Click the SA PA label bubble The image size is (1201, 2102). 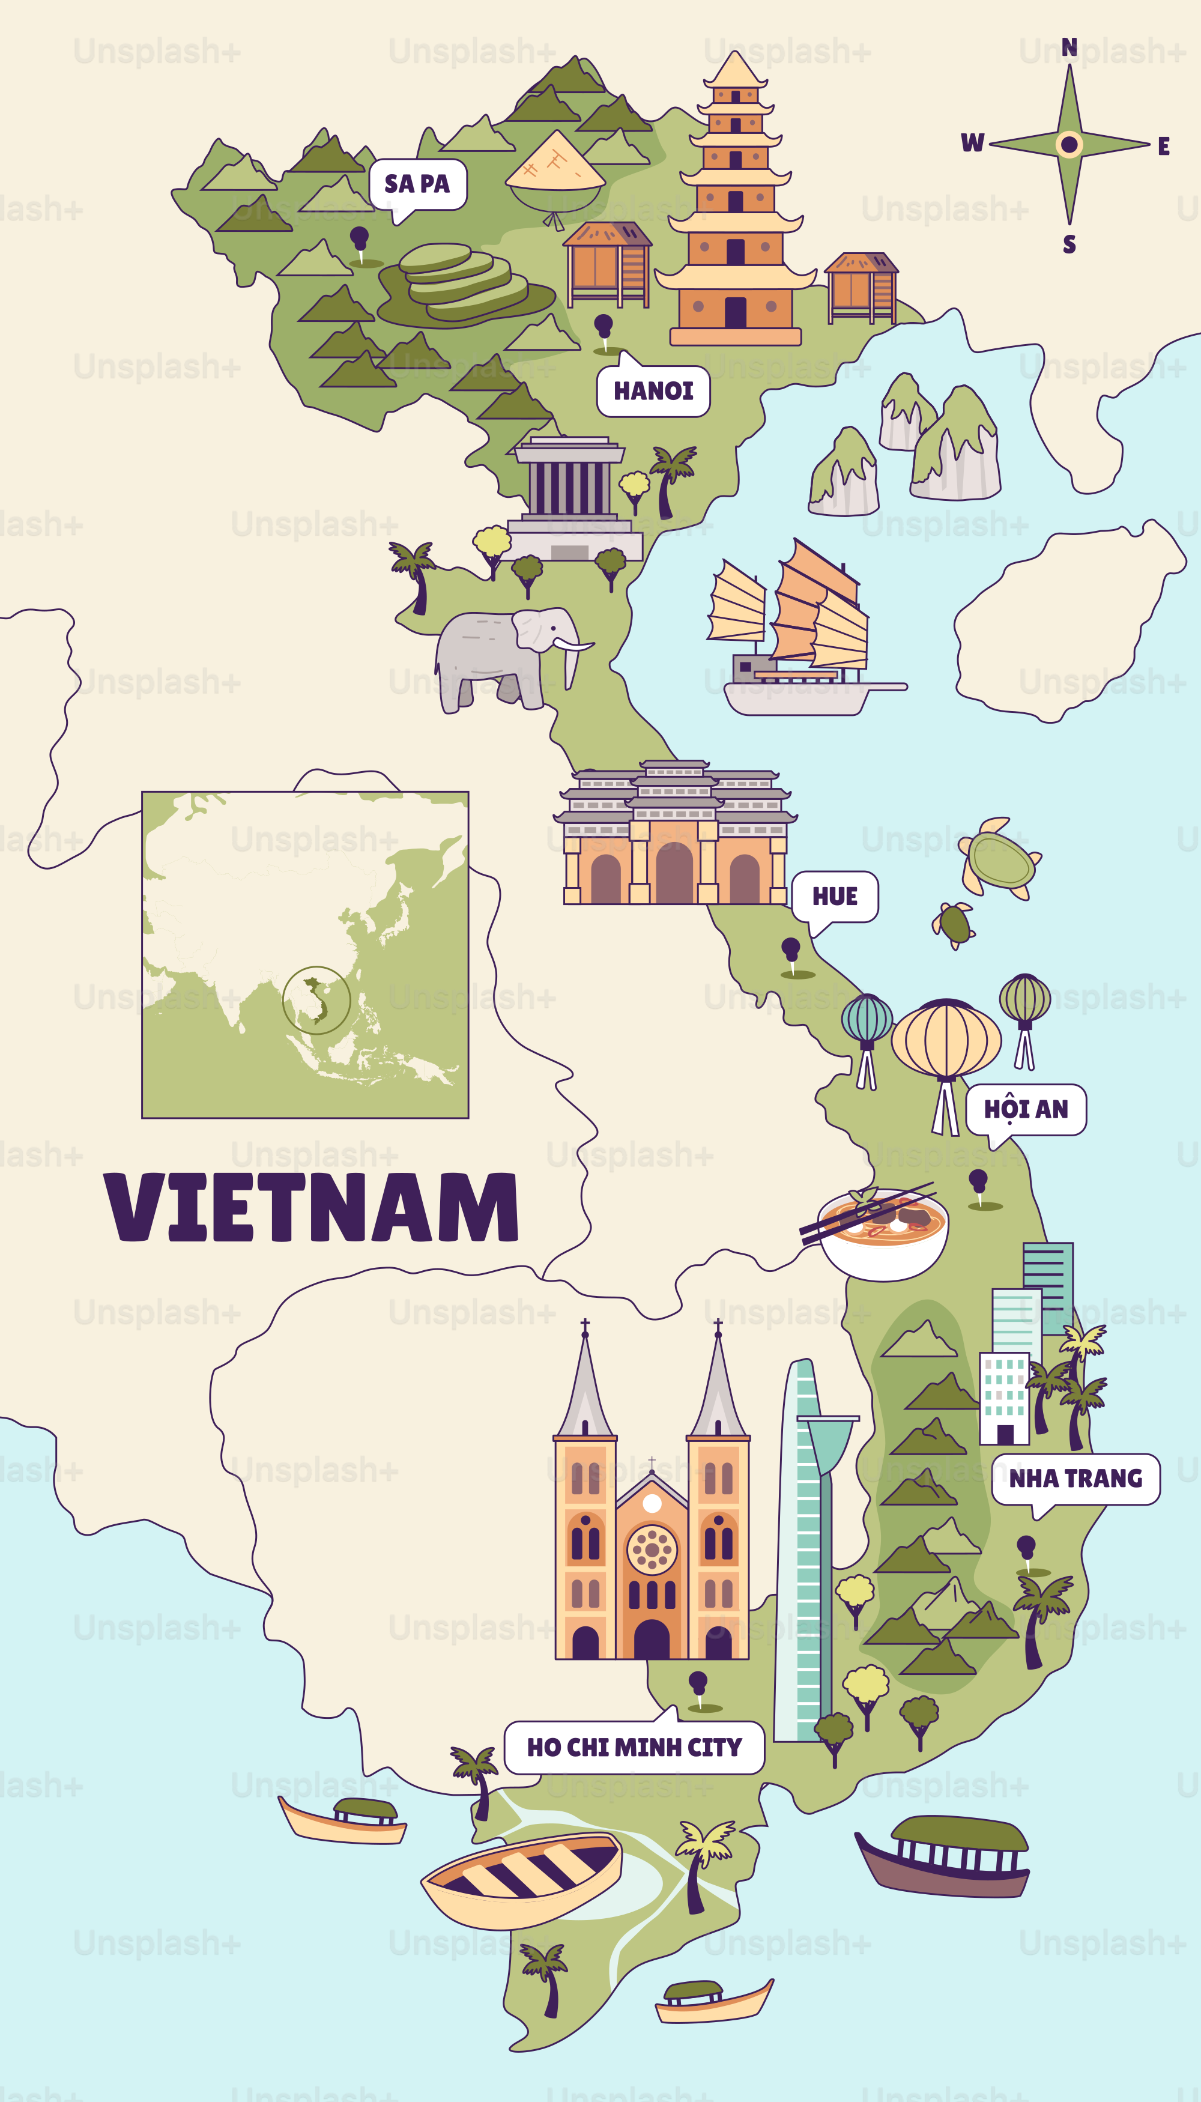417,184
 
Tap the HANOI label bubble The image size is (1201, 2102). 653,390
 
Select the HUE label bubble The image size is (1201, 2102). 835,896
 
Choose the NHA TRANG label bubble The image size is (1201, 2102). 1075,1477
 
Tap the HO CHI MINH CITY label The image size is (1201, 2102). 634,1746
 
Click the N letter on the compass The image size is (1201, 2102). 1069,47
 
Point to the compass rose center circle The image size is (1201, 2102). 1069,144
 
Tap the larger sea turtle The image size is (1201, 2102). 1000,859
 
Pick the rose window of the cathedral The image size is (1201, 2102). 652,1549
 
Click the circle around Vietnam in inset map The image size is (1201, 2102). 316,1000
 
